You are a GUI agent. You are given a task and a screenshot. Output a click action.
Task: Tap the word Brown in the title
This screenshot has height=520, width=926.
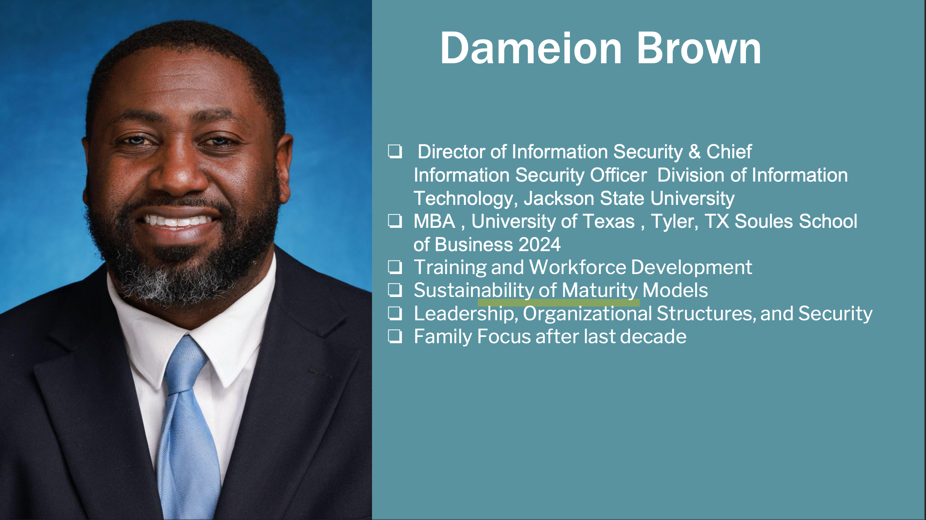pos(699,48)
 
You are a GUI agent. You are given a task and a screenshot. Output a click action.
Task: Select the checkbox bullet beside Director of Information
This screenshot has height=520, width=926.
pos(395,152)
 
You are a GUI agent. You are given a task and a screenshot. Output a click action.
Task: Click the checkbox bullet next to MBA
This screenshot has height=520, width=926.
pos(395,221)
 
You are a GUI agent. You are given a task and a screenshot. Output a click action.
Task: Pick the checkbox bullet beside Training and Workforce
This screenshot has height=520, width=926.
pos(395,267)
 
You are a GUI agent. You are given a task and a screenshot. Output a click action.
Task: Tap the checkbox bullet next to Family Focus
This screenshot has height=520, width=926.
pos(395,337)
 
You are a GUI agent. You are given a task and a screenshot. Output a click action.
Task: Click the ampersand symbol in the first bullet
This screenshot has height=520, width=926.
pos(694,152)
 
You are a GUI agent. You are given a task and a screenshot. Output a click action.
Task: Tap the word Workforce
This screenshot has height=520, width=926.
pos(577,267)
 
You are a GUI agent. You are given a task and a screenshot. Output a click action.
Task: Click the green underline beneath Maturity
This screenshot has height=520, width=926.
pos(558,303)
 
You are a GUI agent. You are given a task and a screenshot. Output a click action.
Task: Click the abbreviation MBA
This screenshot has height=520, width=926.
pos(434,221)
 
